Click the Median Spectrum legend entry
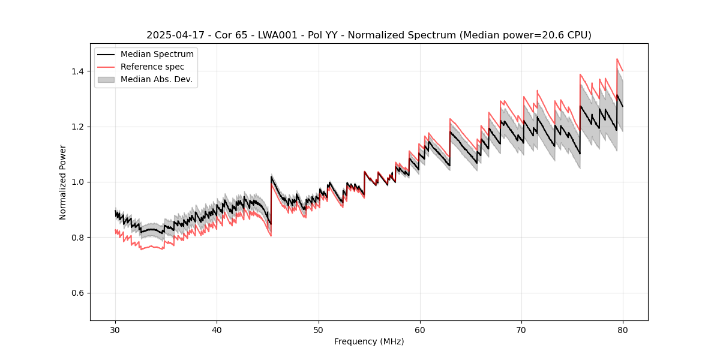157,55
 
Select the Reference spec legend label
152,67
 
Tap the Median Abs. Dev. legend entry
156,79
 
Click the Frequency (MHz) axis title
369,341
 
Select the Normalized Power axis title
63,182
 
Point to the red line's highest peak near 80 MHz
617,59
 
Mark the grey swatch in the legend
107,79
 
